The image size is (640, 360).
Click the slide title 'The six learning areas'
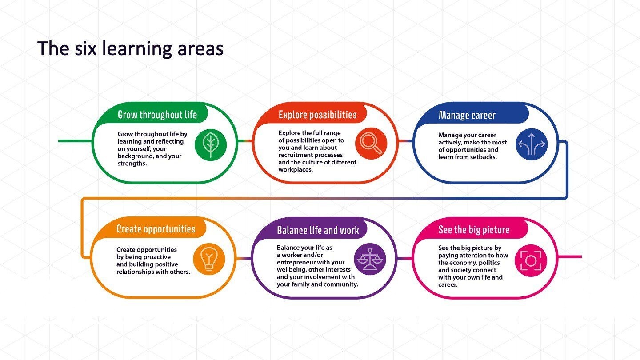click(x=130, y=48)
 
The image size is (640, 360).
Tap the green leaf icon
click(x=211, y=144)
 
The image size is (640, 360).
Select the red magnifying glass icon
click(x=372, y=144)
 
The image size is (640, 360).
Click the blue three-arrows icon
click(x=532, y=144)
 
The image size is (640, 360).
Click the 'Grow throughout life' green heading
click(x=157, y=115)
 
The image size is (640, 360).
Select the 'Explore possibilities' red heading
click(x=317, y=115)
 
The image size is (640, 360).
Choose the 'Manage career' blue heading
click(x=467, y=115)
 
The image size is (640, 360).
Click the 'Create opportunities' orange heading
click(x=156, y=229)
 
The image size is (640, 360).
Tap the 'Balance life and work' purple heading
click(x=318, y=230)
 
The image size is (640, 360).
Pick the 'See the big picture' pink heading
click(x=474, y=230)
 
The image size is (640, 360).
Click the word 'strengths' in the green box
click(x=132, y=164)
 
